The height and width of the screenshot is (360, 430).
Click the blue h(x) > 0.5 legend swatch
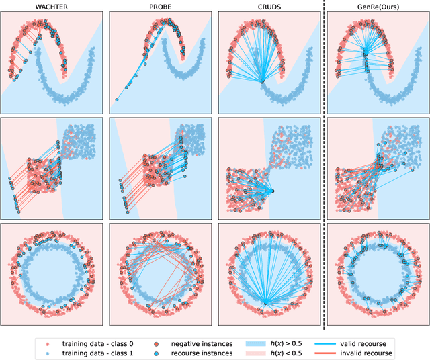coord(268,342)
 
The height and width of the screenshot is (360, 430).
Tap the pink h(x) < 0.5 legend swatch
coord(268,352)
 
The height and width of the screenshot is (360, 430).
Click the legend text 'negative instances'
coord(204,342)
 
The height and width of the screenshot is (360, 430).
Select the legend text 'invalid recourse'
coord(394,352)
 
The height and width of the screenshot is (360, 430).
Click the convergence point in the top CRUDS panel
coord(262,82)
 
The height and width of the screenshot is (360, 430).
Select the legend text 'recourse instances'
coord(203,352)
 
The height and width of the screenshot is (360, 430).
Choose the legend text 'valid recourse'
coord(390,342)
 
